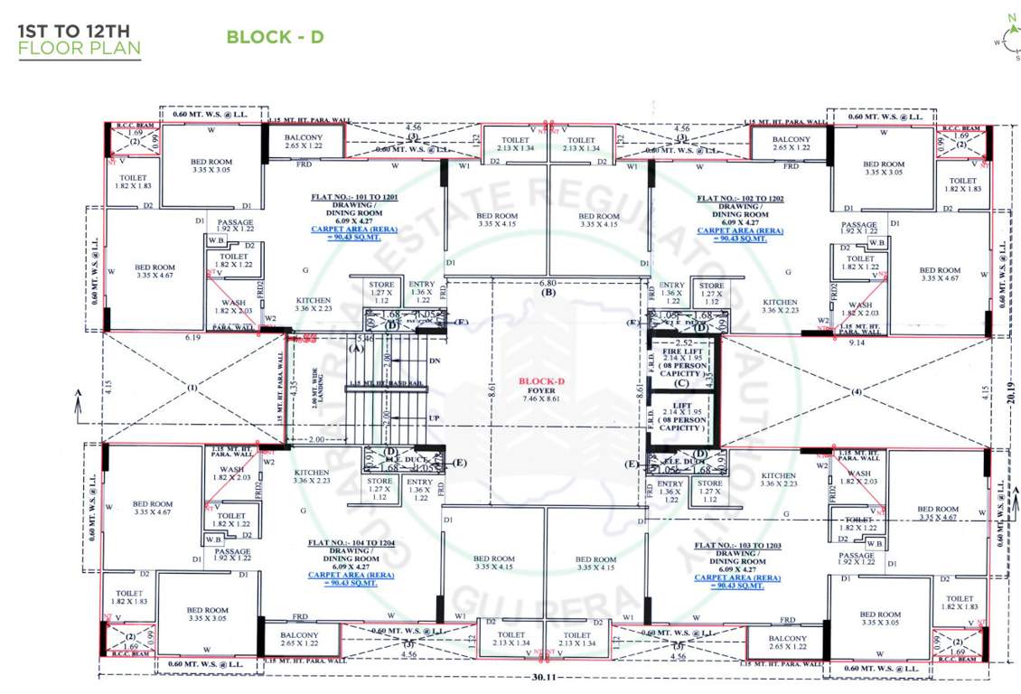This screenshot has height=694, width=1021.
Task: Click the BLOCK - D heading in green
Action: tap(275, 37)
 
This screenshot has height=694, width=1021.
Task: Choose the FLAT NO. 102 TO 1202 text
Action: tap(740, 196)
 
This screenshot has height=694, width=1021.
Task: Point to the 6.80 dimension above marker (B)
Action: tap(546, 282)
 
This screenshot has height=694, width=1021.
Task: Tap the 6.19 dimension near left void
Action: tap(191, 337)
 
